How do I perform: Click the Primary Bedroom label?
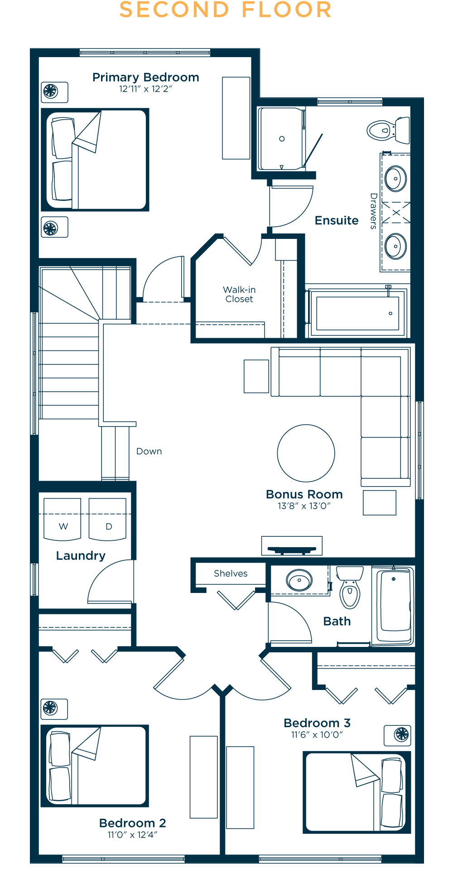[x=146, y=78]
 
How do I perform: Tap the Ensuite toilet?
[x=388, y=130]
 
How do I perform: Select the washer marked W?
[x=63, y=519]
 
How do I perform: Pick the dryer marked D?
[x=107, y=519]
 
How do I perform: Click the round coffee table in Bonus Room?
[x=306, y=453]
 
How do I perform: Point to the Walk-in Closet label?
[x=239, y=294]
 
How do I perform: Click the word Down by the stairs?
[x=149, y=452]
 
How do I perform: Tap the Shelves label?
[x=231, y=573]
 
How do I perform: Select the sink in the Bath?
[x=299, y=580]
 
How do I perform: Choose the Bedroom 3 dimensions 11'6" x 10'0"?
[x=317, y=735]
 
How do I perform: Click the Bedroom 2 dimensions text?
[x=132, y=835]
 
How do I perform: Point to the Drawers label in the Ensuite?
[x=373, y=211]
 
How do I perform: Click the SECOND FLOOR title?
[x=226, y=10]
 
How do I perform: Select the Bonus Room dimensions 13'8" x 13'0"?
[x=304, y=506]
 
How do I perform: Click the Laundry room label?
[x=81, y=556]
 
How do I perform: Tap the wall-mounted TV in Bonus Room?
[x=292, y=546]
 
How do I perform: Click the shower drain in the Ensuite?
[x=282, y=139]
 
